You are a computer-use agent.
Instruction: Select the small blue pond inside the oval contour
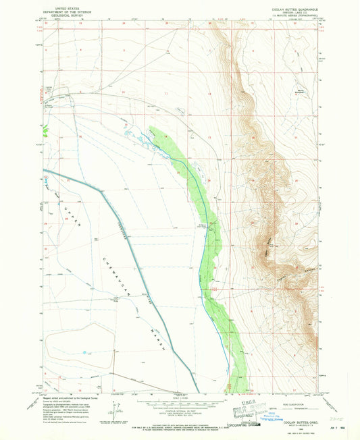coord(84,352)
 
